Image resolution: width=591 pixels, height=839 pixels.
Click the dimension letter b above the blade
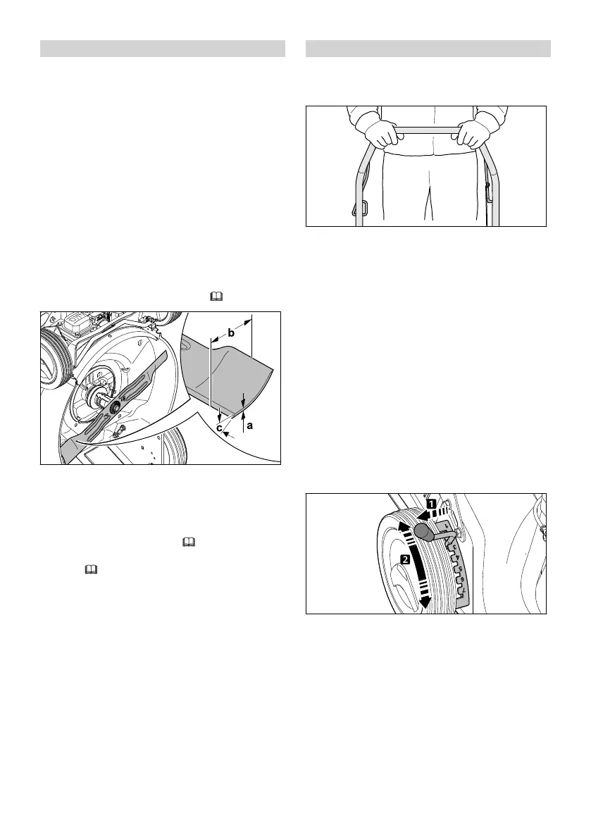[231, 333]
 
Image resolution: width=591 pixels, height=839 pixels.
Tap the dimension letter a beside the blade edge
[249, 425]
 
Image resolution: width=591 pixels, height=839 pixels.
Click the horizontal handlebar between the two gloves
[425, 130]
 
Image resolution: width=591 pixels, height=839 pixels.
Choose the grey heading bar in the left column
[163, 49]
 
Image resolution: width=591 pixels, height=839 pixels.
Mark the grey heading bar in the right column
[428, 49]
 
